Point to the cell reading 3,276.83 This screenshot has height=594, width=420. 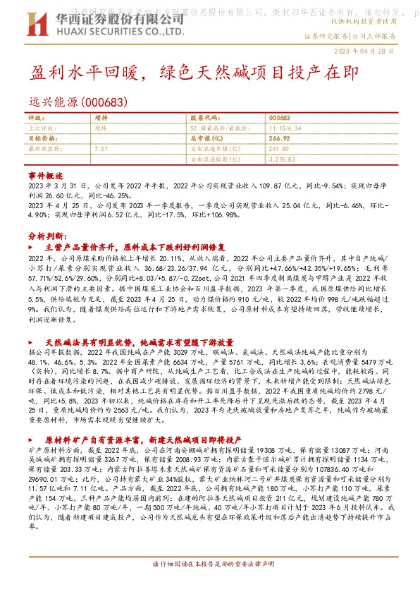(x=282, y=159)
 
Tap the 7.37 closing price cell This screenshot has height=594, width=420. (x=101, y=149)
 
